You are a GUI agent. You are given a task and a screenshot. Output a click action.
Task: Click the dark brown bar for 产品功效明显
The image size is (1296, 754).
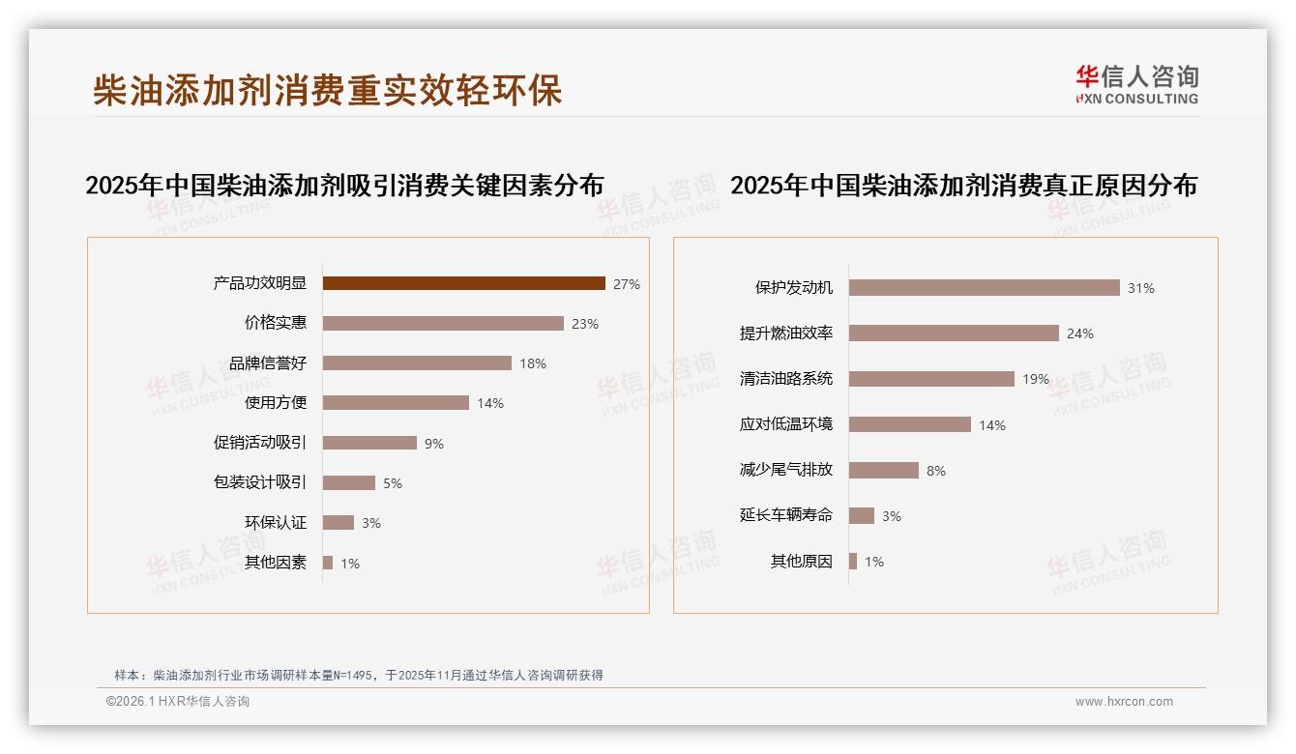[x=464, y=283]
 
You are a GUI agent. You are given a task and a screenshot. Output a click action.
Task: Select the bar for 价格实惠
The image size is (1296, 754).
[x=443, y=324]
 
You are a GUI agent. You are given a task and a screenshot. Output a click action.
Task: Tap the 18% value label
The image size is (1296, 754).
[x=533, y=363]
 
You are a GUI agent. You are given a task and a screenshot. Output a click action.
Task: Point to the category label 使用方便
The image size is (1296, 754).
[x=276, y=403]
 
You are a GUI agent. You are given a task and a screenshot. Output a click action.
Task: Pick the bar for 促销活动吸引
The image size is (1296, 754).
[x=369, y=443]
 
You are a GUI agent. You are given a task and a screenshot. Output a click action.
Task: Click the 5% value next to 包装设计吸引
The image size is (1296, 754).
[x=392, y=483]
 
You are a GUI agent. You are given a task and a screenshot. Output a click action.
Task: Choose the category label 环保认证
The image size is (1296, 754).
[x=276, y=523]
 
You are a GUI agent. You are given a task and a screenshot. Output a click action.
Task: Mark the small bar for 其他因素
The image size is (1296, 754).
[x=328, y=563]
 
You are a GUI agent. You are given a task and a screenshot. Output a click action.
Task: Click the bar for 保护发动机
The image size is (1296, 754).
[x=984, y=287]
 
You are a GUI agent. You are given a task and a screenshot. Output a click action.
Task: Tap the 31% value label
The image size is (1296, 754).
[x=1141, y=288]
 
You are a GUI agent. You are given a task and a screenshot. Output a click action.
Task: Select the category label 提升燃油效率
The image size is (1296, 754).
[x=786, y=333]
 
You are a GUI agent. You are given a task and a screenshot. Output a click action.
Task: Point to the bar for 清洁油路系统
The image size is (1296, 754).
[x=931, y=379]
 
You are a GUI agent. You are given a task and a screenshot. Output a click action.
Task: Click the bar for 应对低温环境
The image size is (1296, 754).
[x=909, y=424]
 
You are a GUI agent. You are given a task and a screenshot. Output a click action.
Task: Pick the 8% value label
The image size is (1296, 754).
[x=936, y=471]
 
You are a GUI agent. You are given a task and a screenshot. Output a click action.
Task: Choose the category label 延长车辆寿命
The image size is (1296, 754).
[x=786, y=515]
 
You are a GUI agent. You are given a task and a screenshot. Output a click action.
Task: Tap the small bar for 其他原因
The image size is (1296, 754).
[x=853, y=561]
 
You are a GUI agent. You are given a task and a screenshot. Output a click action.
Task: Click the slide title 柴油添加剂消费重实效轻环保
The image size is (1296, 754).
[x=327, y=90]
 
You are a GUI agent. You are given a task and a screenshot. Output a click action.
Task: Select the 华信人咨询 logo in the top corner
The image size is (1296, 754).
[x=1137, y=85]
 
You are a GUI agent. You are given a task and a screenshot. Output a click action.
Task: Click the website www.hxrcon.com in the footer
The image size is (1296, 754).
[x=1124, y=702]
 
